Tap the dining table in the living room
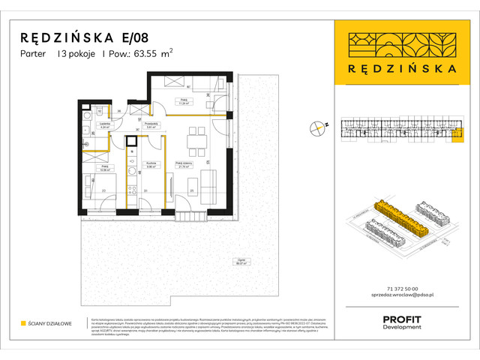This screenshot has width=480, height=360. click(197, 138)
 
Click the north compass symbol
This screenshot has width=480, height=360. click(319, 127)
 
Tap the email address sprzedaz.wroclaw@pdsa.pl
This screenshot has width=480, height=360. click(400, 297)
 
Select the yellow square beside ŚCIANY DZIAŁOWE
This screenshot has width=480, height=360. click(23, 324)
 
